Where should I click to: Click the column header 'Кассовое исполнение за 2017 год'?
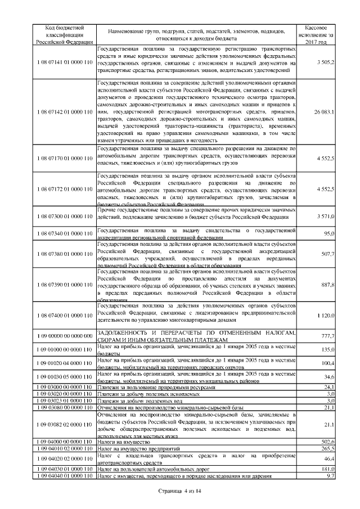point(319,34)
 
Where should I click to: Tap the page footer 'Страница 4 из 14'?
point(179,491)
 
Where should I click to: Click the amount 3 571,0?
point(326,217)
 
